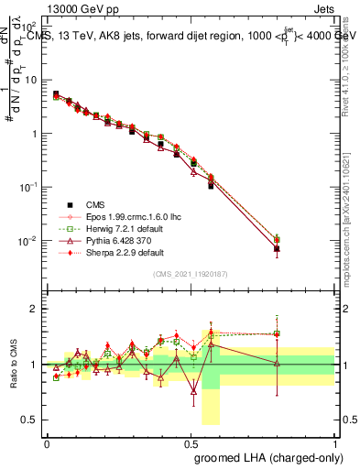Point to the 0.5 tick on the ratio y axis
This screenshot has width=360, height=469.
pos(35,420)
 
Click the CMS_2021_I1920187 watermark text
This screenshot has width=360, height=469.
pos(191,274)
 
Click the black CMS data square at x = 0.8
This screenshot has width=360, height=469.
pos(278,248)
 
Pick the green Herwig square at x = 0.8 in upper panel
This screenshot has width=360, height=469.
pos(278,239)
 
